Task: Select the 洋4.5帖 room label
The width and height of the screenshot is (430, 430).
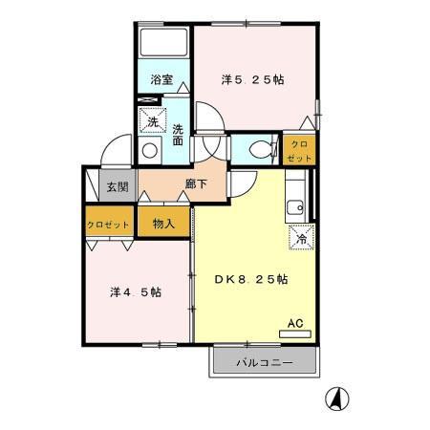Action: click(x=136, y=291)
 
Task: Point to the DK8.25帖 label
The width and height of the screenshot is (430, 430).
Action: click(x=250, y=278)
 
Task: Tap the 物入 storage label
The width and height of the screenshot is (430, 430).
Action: click(x=163, y=224)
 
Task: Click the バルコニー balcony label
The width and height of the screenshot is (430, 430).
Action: click(x=263, y=364)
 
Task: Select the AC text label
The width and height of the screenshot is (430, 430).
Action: click(x=296, y=323)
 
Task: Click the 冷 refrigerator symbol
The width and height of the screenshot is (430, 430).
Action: click(x=300, y=239)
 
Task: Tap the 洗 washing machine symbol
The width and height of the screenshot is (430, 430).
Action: click(x=151, y=121)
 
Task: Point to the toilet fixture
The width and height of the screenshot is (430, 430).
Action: click(x=256, y=148)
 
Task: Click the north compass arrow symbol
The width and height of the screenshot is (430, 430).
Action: click(x=336, y=398)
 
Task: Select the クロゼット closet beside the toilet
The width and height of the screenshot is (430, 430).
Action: click(x=299, y=149)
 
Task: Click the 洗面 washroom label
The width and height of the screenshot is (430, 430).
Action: click(x=178, y=136)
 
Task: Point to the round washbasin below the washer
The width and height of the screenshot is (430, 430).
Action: click(x=149, y=150)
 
